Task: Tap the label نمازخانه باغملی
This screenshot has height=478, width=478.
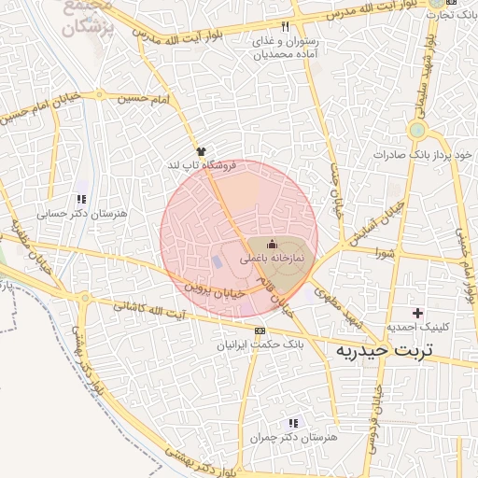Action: (x=273, y=254)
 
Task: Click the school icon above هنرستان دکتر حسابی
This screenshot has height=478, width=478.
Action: (x=81, y=199)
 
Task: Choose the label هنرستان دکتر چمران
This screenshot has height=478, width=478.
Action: (x=294, y=437)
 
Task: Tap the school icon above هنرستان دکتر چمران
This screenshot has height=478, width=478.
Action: (x=293, y=423)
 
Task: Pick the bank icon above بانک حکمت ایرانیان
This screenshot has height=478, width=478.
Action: (x=259, y=330)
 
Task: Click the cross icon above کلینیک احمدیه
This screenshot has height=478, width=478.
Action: (x=417, y=312)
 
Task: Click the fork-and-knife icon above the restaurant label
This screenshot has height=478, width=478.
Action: (x=285, y=26)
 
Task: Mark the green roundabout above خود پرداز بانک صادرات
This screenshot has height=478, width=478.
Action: (x=417, y=130)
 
